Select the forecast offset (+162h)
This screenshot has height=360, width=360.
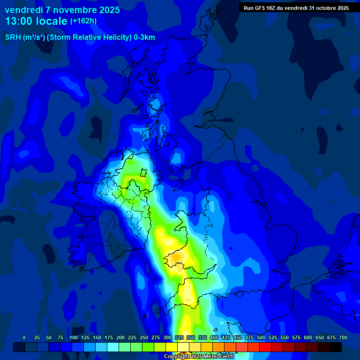pyautogui.click(x=83, y=21)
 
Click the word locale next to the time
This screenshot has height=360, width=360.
pyautogui.click(x=53, y=21)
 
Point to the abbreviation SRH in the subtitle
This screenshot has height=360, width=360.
pyautogui.click(x=13, y=37)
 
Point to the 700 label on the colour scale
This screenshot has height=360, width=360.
pyautogui.click(x=343, y=337)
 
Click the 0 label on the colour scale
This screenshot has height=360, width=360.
pyautogui.click(x=24, y=337)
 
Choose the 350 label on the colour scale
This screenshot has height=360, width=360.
pyautogui.click(x=191, y=337)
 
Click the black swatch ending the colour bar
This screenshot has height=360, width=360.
pyautogui.click(x=336, y=347)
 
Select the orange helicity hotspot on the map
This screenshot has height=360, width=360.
pyautogui.click(x=177, y=257)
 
